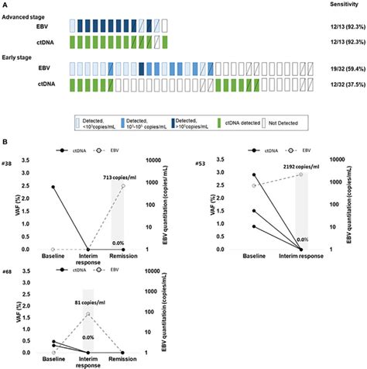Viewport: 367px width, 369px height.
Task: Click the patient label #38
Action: [x=8, y=164]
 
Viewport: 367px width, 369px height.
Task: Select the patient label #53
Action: [x=201, y=164]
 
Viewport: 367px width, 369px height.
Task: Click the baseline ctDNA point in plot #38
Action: [x=53, y=187]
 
